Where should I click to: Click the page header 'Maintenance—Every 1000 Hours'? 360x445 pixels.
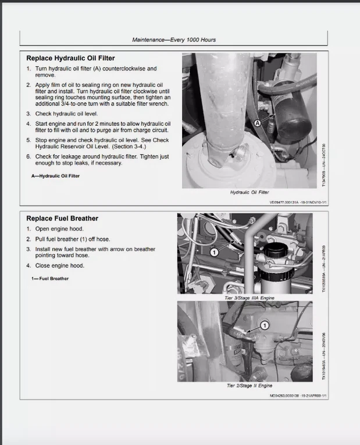click(x=174, y=40)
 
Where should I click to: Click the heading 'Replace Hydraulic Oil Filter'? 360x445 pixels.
click(x=70, y=58)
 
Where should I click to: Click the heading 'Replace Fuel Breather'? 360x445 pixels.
click(x=62, y=218)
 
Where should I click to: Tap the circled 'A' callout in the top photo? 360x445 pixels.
click(x=258, y=123)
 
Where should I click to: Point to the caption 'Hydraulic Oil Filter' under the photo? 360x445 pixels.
click(x=249, y=192)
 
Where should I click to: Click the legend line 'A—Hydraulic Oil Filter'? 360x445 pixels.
click(x=55, y=176)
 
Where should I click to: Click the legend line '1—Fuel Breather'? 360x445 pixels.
click(x=50, y=279)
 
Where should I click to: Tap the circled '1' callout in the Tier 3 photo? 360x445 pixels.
click(x=213, y=252)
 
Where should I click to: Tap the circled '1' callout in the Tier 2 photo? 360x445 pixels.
click(x=265, y=326)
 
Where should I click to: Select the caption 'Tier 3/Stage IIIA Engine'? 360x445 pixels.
click(x=248, y=298)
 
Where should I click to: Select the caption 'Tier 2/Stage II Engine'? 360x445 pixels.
click(x=248, y=386)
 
